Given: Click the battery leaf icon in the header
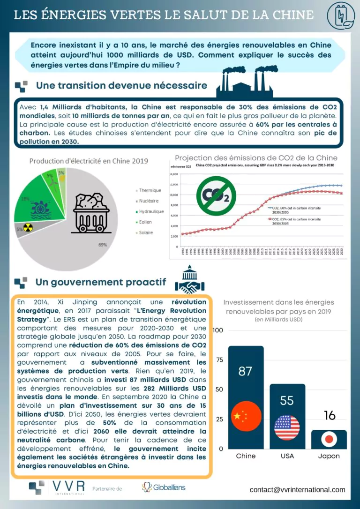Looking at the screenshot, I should pyautogui.click(x=340, y=15).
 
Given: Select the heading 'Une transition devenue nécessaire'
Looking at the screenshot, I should pyautogui.click(x=121, y=86).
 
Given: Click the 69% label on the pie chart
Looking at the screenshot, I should pyautogui.click(x=103, y=245).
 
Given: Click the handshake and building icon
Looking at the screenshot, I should pyautogui.click(x=189, y=280).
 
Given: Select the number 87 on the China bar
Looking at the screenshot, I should pyautogui.click(x=246, y=371).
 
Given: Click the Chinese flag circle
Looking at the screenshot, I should pyautogui.click(x=246, y=416).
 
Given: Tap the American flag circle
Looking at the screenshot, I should pyautogui.click(x=287, y=427).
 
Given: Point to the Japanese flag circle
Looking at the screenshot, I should pyautogui.click(x=329, y=439).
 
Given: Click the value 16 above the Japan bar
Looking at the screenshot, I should pyautogui.click(x=330, y=415).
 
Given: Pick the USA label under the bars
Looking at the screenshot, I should pyautogui.click(x=287, y=456).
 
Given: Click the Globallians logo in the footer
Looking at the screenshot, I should pyautogui.click(x=164, y=487).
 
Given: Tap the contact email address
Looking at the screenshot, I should pyautogui.click(x=297, y=490).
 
